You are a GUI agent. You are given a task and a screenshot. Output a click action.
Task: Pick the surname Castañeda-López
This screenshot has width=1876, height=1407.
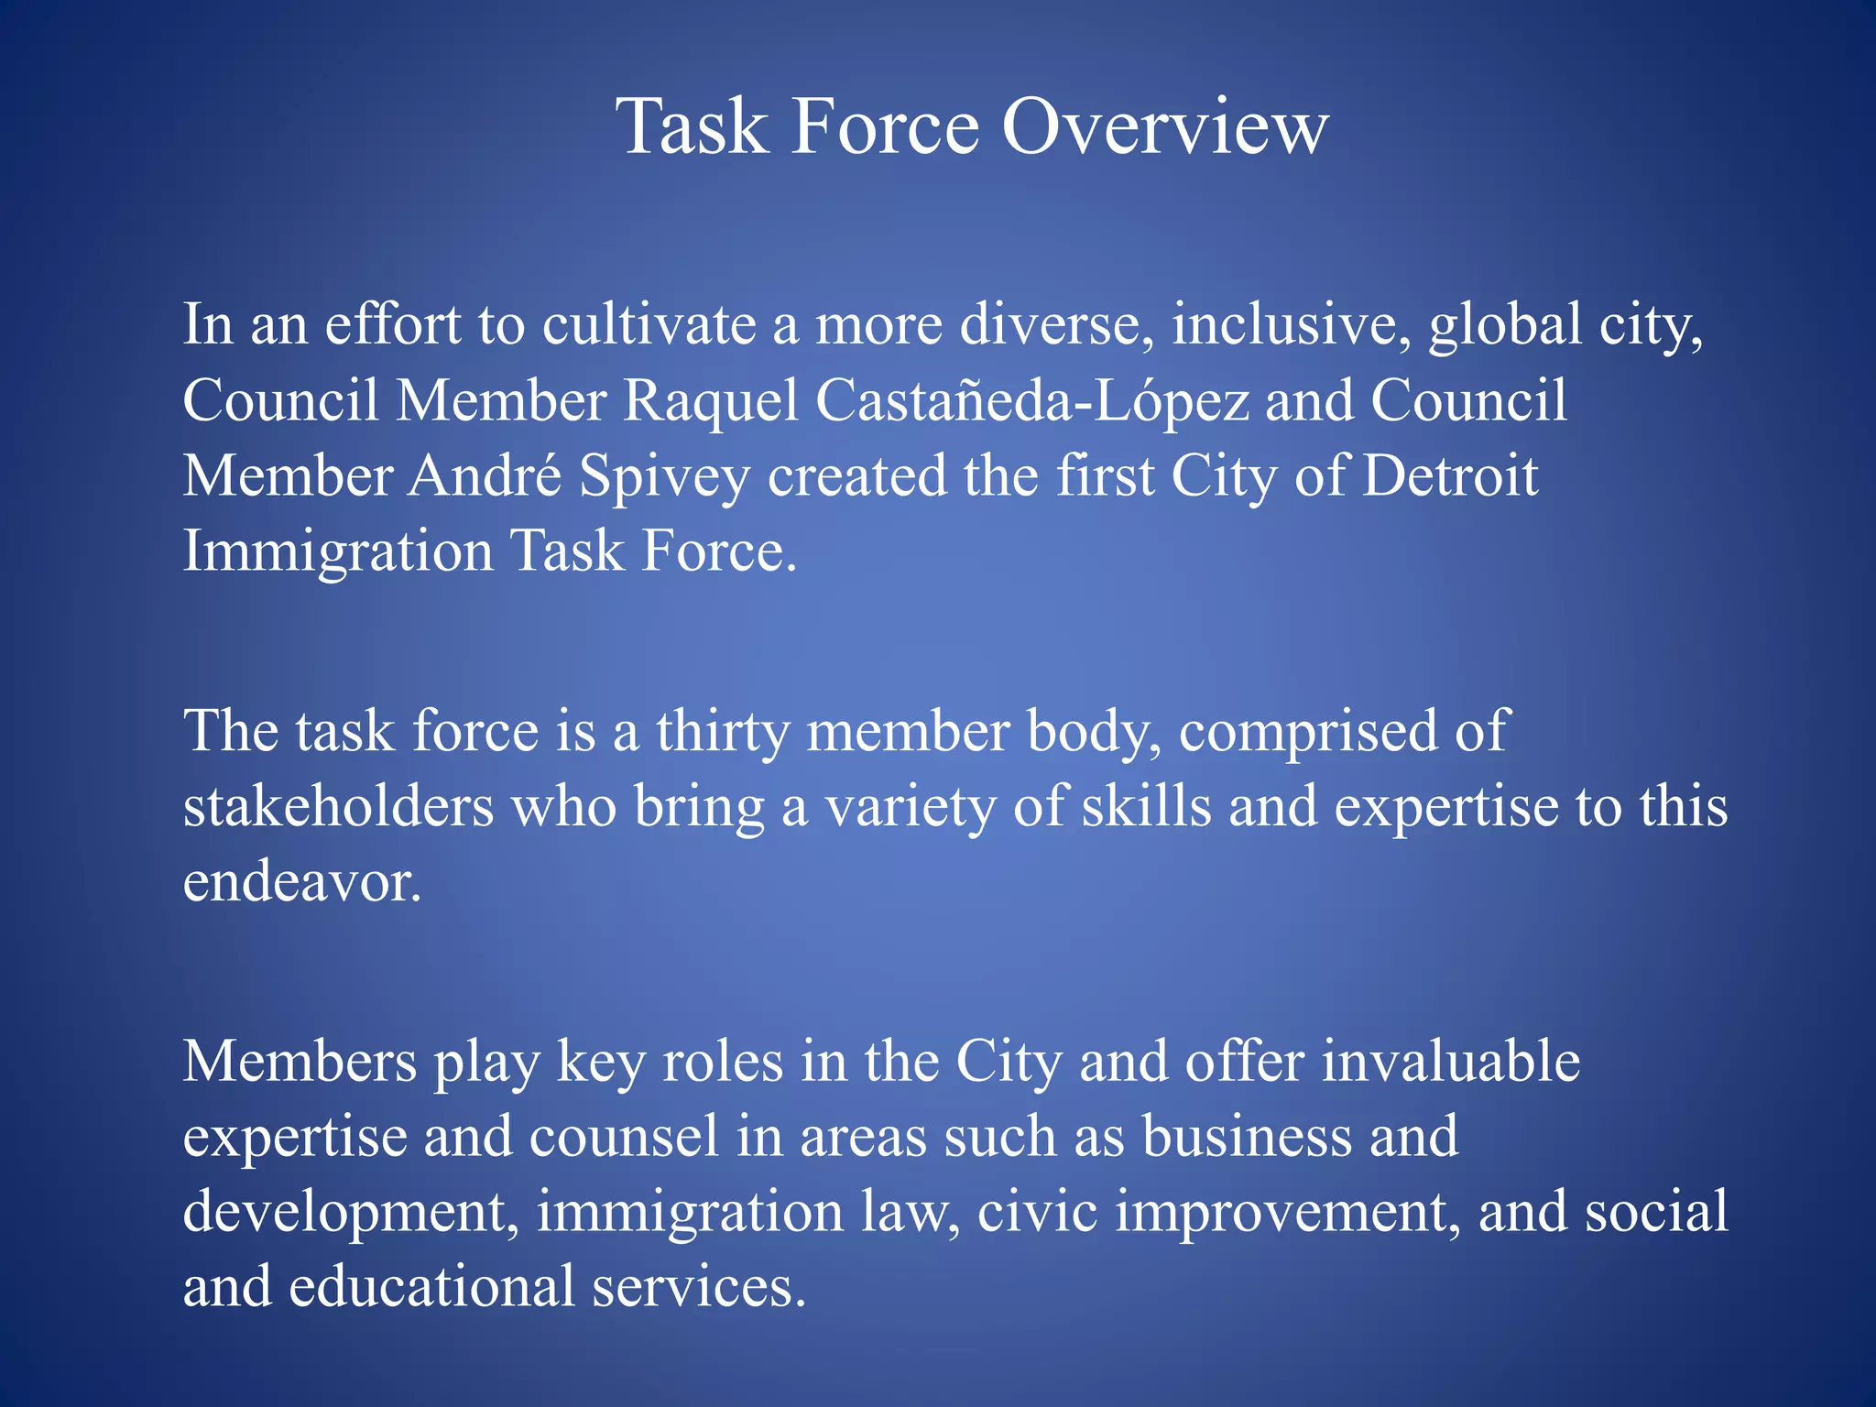coord(1032,401)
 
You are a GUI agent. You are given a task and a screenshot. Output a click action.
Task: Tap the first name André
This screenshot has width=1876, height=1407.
coord(485,476)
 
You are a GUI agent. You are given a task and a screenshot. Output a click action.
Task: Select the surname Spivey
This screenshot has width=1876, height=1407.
coord(664,478)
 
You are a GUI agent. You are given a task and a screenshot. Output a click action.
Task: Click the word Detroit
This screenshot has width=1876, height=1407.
coord(1450,476)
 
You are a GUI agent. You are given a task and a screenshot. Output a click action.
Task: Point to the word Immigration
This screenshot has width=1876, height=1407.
coord(338,553)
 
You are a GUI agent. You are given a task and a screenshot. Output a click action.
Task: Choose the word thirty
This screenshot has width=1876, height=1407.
coord(723,732)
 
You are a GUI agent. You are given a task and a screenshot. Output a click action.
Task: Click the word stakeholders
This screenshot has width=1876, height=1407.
coord(338,807)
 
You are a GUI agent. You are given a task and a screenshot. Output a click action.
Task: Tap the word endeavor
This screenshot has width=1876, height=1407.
coord(302,882)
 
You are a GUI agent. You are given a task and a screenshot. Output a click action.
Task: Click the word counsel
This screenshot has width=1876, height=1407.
coord(624,1137)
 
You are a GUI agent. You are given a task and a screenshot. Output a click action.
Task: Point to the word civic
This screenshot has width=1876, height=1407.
coord(1037,1212)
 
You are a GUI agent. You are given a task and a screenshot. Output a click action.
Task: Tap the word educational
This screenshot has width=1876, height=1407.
coord(431,1287)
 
